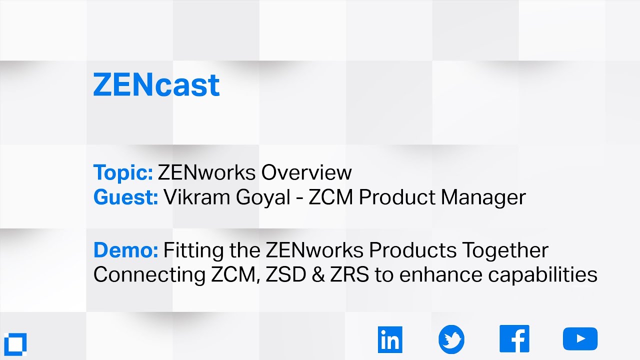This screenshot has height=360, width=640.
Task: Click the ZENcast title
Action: [156, 85]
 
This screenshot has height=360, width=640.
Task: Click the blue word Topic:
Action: [123, 173]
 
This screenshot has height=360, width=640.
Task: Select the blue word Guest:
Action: [125, 197]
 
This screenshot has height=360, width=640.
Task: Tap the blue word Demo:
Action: [125, 249]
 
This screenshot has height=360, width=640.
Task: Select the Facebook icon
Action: [514, 339]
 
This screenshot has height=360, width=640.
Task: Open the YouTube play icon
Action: [580, 339]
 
